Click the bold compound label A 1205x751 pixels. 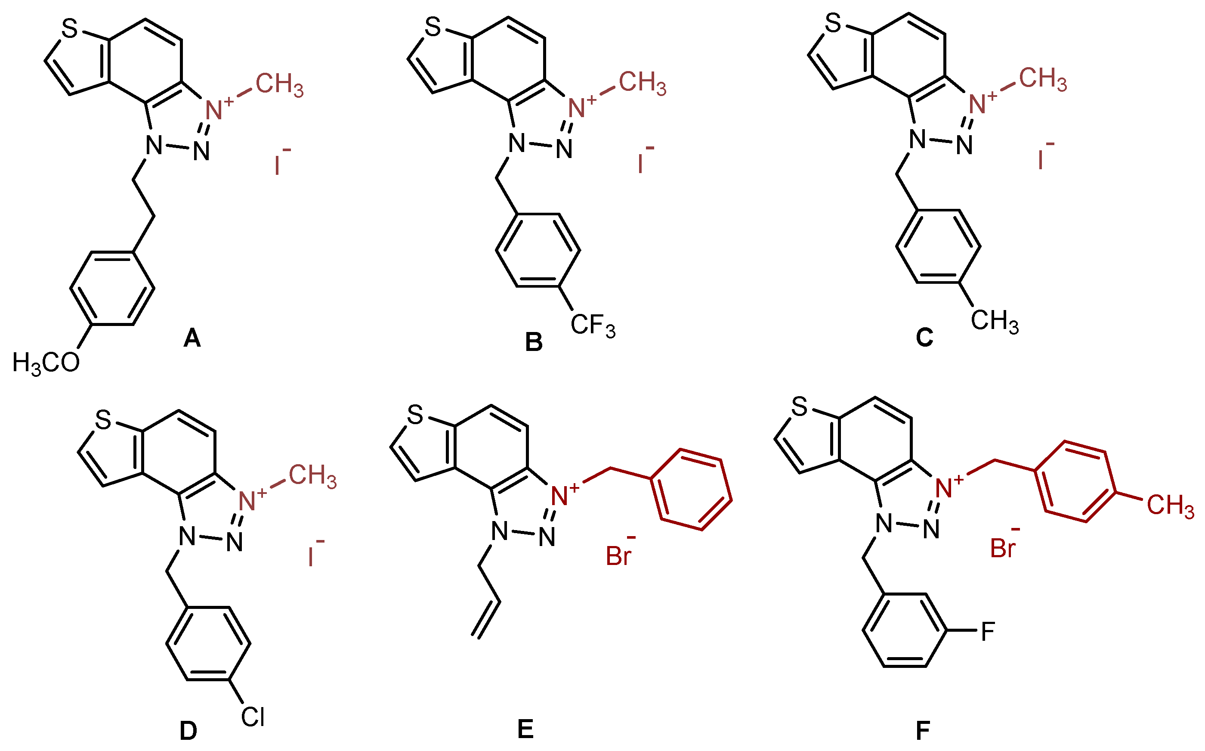[x=192, y=339]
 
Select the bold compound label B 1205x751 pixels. [x=534, y=343]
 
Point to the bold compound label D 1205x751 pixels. [x=188, y=731]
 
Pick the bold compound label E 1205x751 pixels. [x=525, y=729]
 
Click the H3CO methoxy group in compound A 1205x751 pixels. [x=46, y=363]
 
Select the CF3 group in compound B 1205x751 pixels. [x=593, y=326]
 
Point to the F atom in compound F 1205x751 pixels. [x=988, y=632]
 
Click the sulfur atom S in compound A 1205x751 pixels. [x=70, y=29]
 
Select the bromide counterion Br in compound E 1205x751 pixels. [x=618, y=556]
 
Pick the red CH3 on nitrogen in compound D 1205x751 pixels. [x=313, y=476]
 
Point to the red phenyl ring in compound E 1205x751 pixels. [x=691, y=490]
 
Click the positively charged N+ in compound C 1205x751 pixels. [x=979, y=104]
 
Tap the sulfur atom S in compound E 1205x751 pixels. [x=415, y=415]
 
